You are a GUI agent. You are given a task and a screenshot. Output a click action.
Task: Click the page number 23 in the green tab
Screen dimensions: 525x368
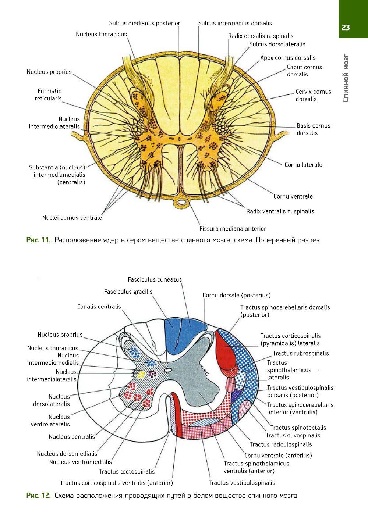(346, 28)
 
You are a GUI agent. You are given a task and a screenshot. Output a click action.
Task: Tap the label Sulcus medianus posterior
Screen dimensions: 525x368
(144, 23)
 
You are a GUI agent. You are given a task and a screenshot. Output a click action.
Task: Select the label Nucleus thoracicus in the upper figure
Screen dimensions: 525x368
(101, 34)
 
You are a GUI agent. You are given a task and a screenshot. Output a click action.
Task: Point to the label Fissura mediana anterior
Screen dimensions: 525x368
(233, 228)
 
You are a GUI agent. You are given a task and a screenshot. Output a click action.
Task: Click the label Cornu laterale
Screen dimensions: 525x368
(303, 165)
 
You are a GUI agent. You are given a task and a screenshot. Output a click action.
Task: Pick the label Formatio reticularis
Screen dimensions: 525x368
(49, 94)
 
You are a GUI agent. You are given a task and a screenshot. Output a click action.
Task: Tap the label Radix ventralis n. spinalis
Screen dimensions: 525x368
(280, 211)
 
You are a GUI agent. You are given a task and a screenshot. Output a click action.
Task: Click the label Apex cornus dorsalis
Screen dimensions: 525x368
(288, 58)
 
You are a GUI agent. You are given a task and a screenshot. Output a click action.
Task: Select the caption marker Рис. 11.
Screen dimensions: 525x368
(38, 240)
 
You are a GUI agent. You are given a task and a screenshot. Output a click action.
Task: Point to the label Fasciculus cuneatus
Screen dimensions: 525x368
(155, 279)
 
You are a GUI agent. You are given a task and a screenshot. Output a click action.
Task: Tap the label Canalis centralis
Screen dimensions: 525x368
(99, 307)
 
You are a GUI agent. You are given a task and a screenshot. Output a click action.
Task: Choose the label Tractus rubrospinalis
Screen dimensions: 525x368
(301, 353)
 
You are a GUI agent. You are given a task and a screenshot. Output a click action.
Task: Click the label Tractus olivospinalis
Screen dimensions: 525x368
(293, 435)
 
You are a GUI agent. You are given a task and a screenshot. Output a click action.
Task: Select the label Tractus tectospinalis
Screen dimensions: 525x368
(127, 471)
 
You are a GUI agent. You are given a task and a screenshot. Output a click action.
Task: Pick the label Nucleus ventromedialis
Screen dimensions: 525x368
(80, 462)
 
